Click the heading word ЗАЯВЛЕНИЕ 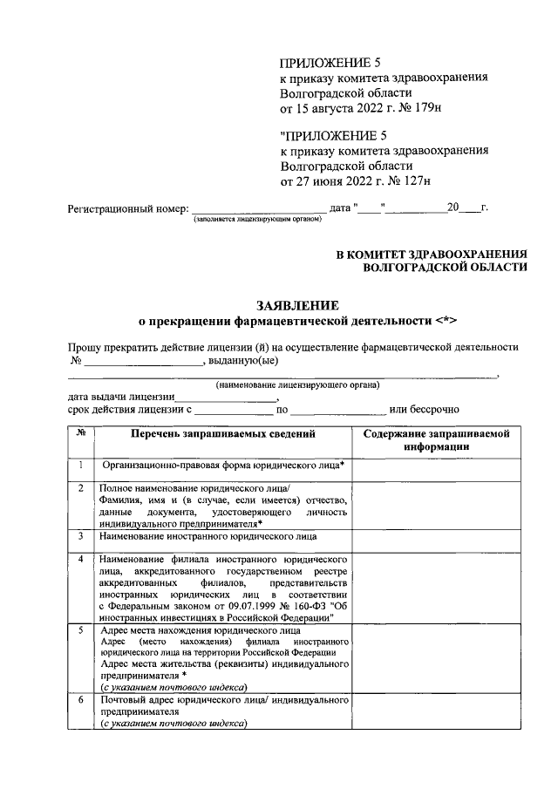click(x=297, y=305)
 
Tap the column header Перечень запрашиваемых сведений click(x=223, y=433)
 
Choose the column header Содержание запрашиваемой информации click(x=437, y=439)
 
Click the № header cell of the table click(x=81, y=433)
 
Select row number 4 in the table click(x=81, y=558)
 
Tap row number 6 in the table click(x=81, y=699)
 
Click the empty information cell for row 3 click(x=437, y=539)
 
